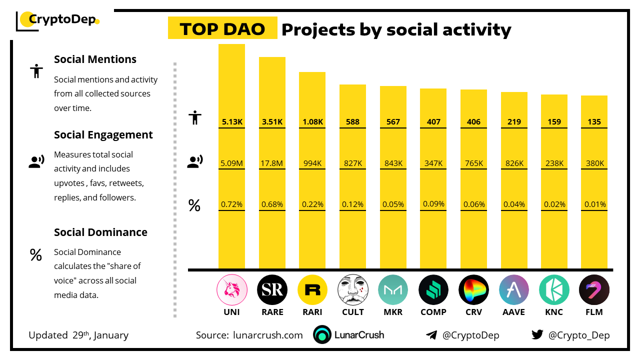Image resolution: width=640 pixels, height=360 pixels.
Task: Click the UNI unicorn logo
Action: pyautogui.click(x=231, y=290)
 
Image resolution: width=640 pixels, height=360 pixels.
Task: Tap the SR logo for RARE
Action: pyautogui.click(x=272, y=290)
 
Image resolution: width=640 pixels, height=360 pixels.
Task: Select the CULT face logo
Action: pyautogui.click(x=352, y=290)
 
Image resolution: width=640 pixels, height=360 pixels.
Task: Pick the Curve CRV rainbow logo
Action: pyautogui.click(x=473, y=290)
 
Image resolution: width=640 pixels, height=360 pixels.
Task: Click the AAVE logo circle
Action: pyautogui.click(x=514, y=290)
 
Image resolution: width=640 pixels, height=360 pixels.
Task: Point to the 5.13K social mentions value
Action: pyautogui.click(x=231, y=121)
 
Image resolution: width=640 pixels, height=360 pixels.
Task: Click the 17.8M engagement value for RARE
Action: pyautogui.click(x=272, y=163)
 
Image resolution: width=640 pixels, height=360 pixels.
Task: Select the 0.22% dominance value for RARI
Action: pyautogui.click(x=312, y=204)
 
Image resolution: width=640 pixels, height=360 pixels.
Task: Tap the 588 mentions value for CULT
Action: pyautogui.click(x=352, y=121)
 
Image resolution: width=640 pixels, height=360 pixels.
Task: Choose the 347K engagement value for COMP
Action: pyautogui.click(x=433, y=163)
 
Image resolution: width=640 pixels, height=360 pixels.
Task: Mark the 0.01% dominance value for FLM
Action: pyautogui.click(x=594, y=204)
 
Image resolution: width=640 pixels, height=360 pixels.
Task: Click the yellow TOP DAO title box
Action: pyautogui.click(x=222, y=29)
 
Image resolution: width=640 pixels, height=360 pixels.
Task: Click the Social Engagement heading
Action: pyautogui.click(x=103, y=135)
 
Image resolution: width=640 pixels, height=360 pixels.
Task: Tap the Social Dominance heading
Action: pyautogui.click(x=100, y=232)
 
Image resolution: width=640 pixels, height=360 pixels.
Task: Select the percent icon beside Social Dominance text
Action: pyautogui.click(x=36, y=255)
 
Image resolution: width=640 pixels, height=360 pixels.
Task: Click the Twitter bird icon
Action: pyautogui.click(x=537, y=334)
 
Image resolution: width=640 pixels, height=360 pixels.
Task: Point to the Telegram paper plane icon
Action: pyautogui.click(x=431, y=335)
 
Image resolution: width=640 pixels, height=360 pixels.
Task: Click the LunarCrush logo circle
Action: pyautogui.click(x=322, y=335)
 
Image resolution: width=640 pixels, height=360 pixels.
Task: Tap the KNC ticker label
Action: pyautogui.click(x=554, y=312)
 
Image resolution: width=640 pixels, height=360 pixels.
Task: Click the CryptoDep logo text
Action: pyautogui.click(x=62, y=20)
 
